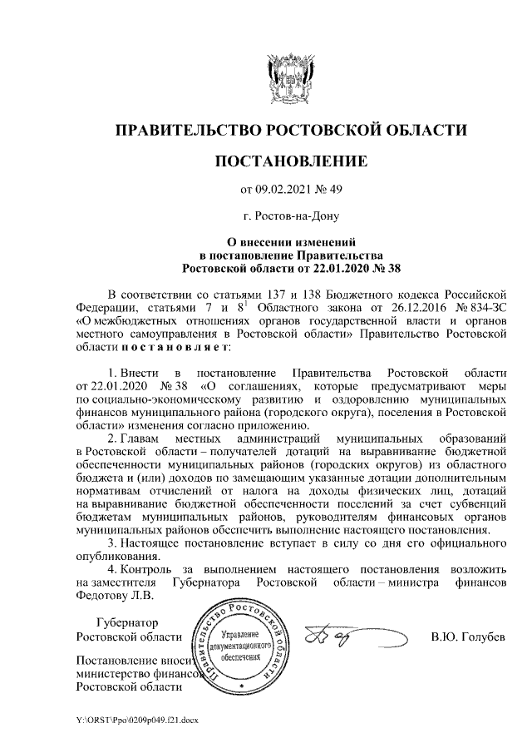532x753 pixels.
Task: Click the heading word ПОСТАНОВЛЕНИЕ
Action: (290, 159)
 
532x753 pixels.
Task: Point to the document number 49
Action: (335, 189)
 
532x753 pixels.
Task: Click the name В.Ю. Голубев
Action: (468, 637)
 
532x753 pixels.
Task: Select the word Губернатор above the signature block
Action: (126, 622)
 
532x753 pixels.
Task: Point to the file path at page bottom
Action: (137, 717)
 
